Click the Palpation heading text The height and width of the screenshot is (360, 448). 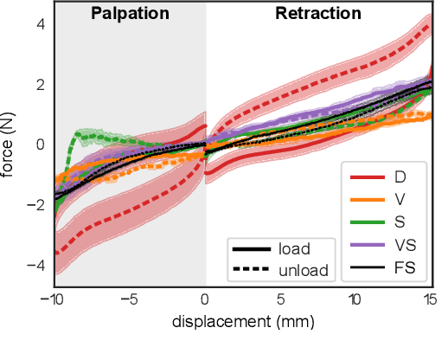pyautogui.click(x=130, y=14)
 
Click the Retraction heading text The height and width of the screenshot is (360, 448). pyautogui.click(x=317, y=14)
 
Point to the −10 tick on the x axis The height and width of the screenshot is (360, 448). pyautogui.click(x=54, y=299)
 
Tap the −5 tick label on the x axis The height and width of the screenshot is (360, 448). pyautogui.click(x=130, y=299)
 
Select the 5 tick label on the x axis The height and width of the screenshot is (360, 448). pyautogui.click(x=281, y=299)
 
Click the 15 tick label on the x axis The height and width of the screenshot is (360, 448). pyautogui.click(x=430, y=299)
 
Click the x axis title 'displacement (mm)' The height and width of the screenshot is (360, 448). pyautogui.click(x=242, y=322)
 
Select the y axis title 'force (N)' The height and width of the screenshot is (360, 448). pyautogui.click(x=10, y=144)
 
